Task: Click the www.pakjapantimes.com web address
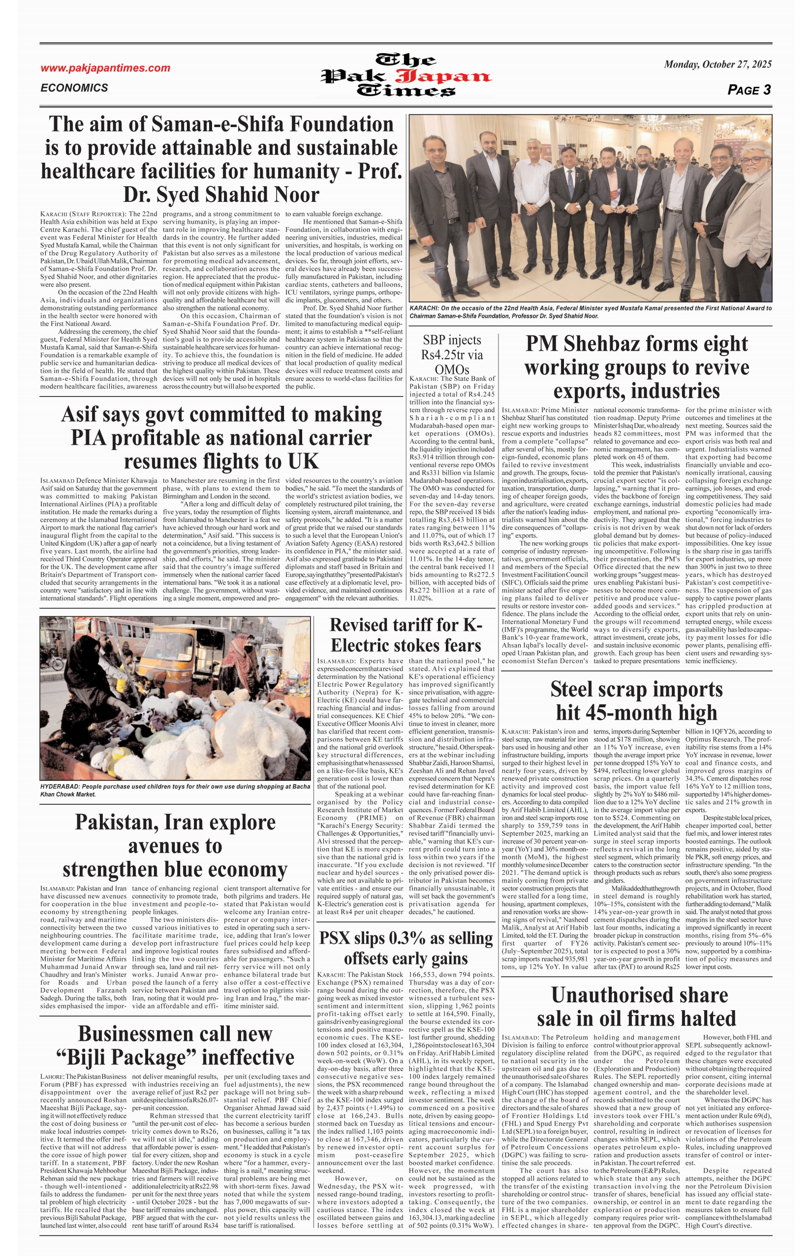(x=105, y=68)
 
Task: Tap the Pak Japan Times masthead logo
(x=406, y=75)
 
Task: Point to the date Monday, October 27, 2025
(x=717, y=65)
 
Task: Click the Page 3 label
(x=749, y=90)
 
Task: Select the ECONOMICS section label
(x=74, y=88)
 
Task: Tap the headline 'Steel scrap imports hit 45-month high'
(x=636, y=700)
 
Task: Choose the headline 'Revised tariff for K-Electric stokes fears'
(x=406, y=635)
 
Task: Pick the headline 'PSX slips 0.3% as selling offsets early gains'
(x=406, y=948)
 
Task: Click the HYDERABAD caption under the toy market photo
(x=175, y=790)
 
